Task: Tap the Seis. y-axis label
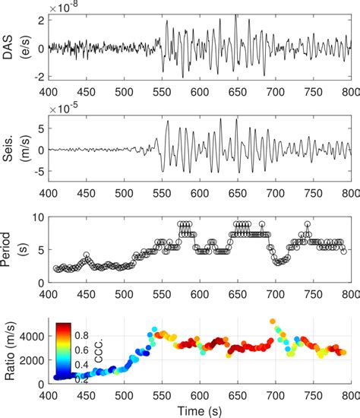pos(9,150)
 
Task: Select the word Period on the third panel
pos(9,249)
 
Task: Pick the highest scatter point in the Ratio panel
pos(273,321)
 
